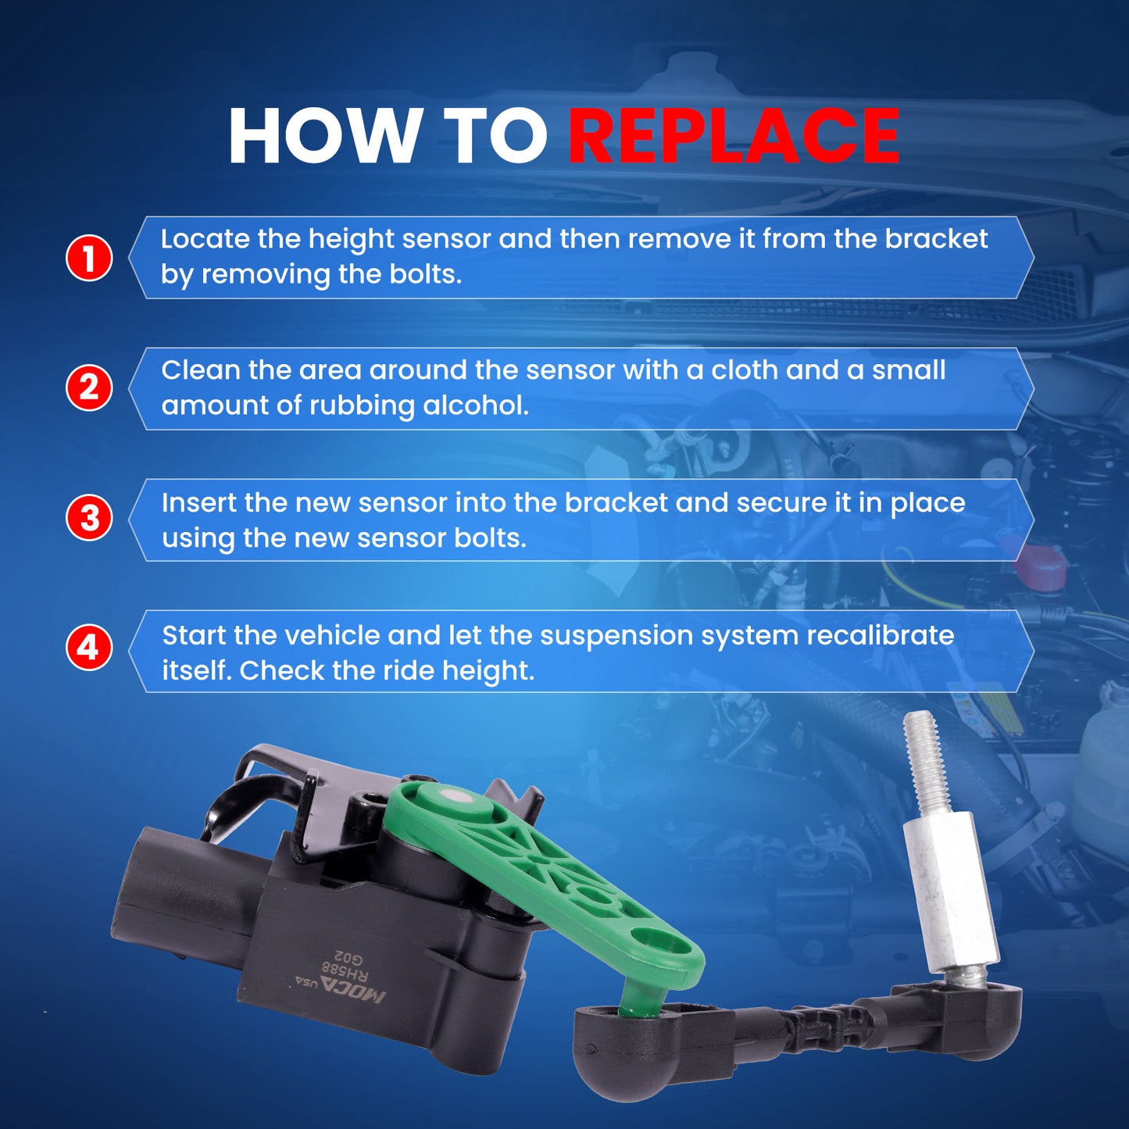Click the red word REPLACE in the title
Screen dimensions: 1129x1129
click(734, 136)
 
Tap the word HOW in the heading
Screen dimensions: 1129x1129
click(322, 136)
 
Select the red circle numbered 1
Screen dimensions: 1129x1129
click(89, 258)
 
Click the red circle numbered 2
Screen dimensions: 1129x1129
click(89, 388)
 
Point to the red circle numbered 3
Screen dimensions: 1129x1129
click(89, 519)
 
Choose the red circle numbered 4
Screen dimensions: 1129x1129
click(89, 648)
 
